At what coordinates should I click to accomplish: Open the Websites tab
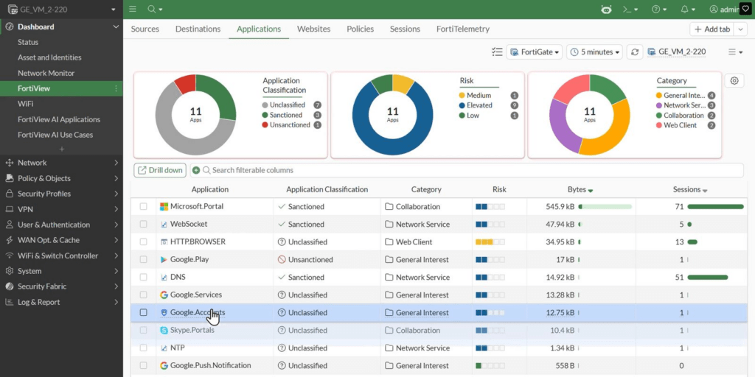pyautogui.click(x=313, y=29)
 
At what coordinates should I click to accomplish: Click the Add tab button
pyautogui.click(x=712, y=29)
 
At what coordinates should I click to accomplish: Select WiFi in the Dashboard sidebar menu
pyautogui.click(x=26, y=104)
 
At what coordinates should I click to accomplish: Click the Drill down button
pyautogui.click(x=160, y=170)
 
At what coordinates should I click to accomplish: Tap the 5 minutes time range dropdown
pyautogui.click(x=595, y=52)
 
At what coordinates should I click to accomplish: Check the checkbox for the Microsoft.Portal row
pyautogui.click(x=144, y=206)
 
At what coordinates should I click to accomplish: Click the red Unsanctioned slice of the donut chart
pyautogui.click(x=185, y=84)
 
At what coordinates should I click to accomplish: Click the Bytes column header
pyautogui.click(x=577, y=189)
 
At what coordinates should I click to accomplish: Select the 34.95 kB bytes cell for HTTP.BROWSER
pyautogui.click(x=560, y=242)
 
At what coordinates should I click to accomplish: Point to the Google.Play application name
pyautogui.click(x=189, y=260)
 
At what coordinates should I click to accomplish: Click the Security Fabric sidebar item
pyautogui.click(x=41, y=286)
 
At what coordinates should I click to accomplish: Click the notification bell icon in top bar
pyautogui.click(x=685, y=9)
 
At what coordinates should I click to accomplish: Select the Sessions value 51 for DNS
pyautogui.click(x=679, y=278)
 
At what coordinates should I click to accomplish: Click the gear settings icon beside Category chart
pyautogui.click(x=734, y=81)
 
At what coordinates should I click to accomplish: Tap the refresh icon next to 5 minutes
pyautogui.click(x=635, y=52)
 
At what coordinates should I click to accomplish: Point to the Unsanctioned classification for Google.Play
pyautogui.click(x=310, y=260)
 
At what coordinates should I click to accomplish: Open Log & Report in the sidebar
pyautogui.click(x=39, y=302)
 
